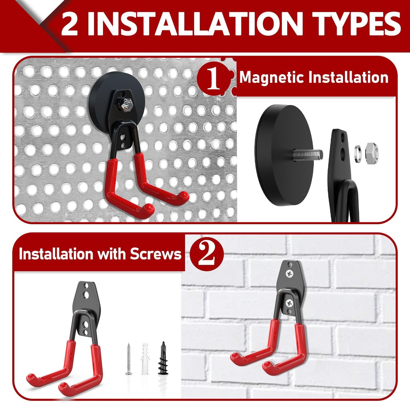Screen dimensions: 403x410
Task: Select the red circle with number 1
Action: tap(213, 79)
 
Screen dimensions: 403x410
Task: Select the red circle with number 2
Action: tap(207, 253)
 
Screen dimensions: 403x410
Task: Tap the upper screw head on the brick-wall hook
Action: tap(290, 274)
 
